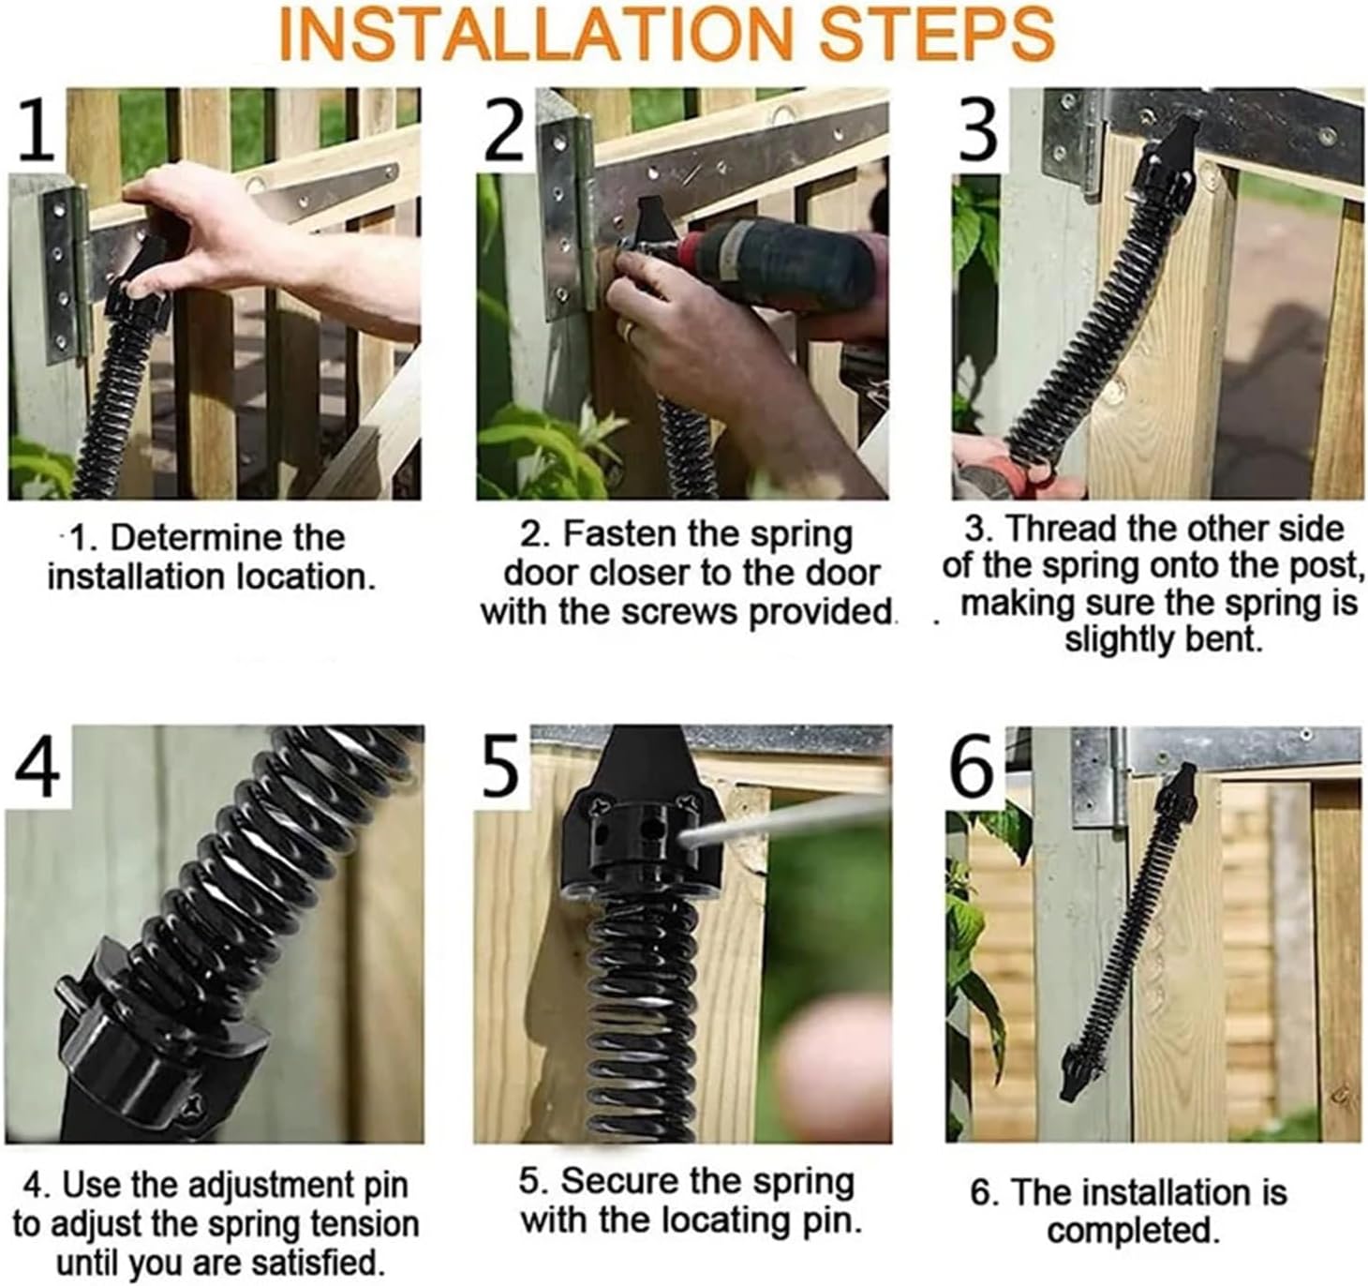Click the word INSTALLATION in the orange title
[540, 34]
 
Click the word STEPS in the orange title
[937, 34]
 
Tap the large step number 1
[36, 127]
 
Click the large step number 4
[37, 764]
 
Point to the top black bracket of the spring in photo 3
[1171, 159]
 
